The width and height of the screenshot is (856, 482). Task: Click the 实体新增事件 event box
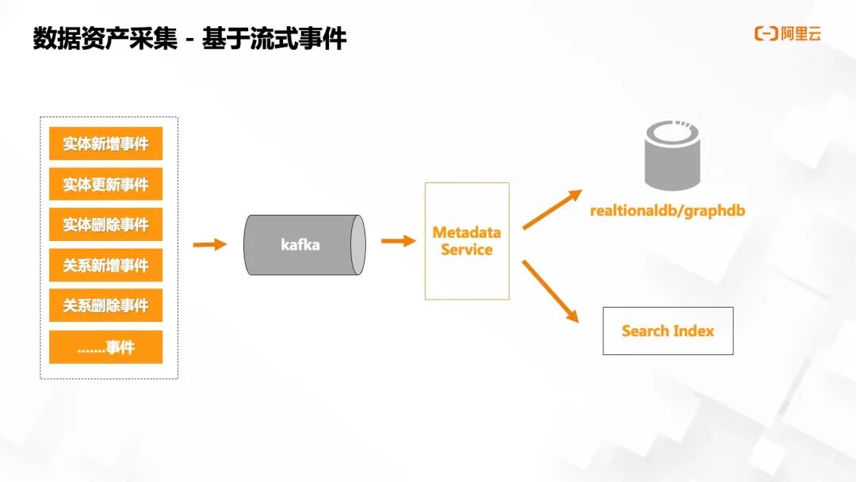tap(105, 144)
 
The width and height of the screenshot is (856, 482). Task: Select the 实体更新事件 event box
tap(105, 185)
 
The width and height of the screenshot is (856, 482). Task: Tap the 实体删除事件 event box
tap(105, 225)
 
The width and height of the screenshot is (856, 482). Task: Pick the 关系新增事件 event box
tap(105, 266)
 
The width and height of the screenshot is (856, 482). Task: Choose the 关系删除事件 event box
tap(105, 306)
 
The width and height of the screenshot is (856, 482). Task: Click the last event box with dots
tap(105, 347)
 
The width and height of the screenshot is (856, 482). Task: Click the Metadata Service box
tap(467, 241)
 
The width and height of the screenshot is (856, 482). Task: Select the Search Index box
tap(667, 331)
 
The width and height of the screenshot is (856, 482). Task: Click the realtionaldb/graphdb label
tap(667, 211)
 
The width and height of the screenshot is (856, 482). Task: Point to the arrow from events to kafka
tap(210, 245)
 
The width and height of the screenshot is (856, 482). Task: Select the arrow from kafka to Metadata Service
tap(399, 241)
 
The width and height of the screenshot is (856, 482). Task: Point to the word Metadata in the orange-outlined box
tap(467, 233)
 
